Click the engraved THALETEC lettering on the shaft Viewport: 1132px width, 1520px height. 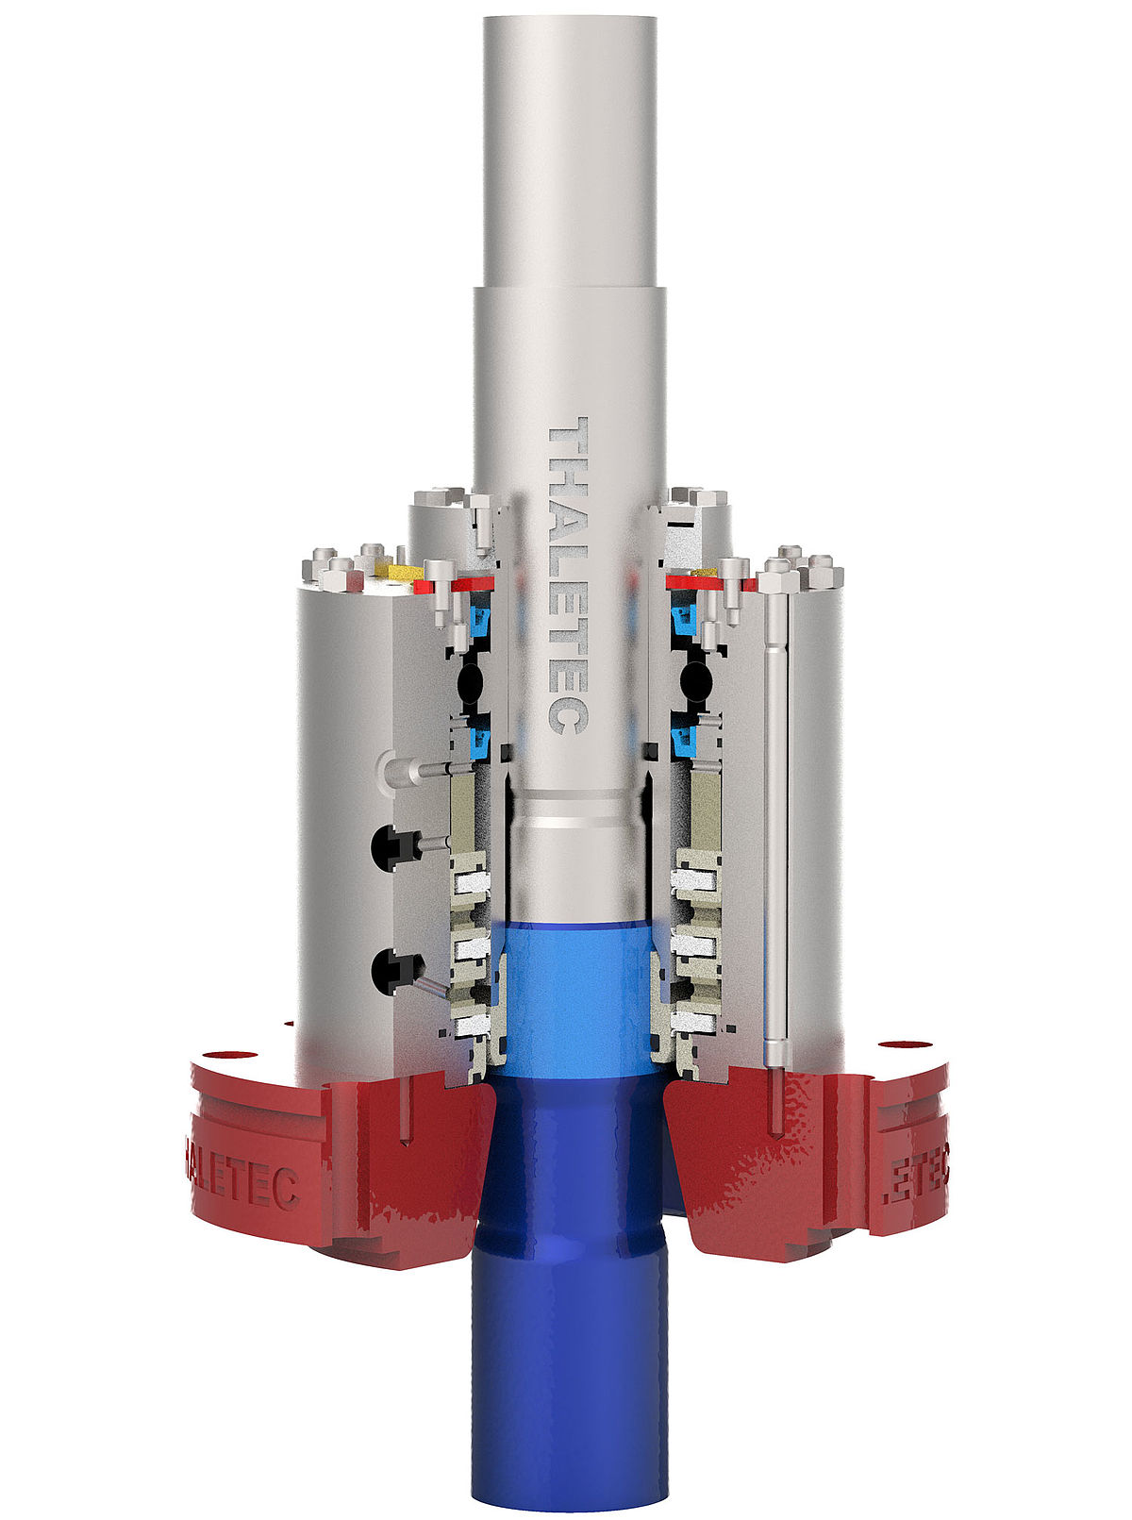tap(569, 576)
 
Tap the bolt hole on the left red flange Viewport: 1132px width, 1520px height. tap(226, 1053)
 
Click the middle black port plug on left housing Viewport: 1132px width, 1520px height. tap(391, 843)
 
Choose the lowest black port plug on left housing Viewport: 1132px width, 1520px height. tap(391, 967)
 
